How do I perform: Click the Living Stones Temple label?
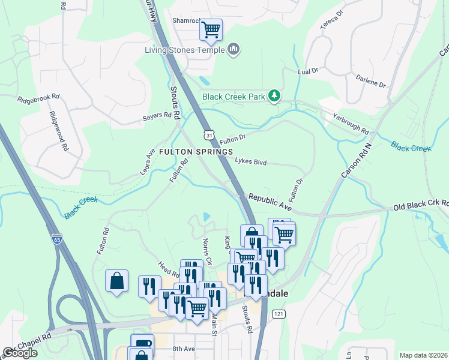pyautogui.click(x=184, y=50)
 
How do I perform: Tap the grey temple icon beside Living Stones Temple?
pyautogui.click(x=234, y=49)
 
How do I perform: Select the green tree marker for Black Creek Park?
pyautogui.click(x=274, y=95)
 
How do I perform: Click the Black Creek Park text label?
pyautogui.click(x=233, y=96)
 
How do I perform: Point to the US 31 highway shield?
pyautogui.click(x=208, y=135)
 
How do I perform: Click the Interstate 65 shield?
pyautogui.click(x=56, y=239)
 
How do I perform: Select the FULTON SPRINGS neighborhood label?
pyautogui.click(x=196, y=152)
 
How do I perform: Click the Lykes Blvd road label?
pyautogui.click(x=250, y=162)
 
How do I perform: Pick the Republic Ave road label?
pyautogui.click(x=270, y=202)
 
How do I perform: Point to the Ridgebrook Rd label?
pyautogui.click(x=38, y=97)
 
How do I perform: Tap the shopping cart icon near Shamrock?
pyautogui.click(x=211, y=29)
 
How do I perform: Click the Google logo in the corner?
pyautogui.click(x=19, y=353)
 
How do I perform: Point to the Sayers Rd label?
pyautogui.click(x=157, y=116)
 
